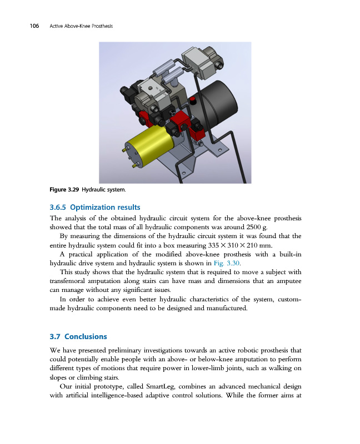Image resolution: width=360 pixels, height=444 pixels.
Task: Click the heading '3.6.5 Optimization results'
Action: click(95, 208)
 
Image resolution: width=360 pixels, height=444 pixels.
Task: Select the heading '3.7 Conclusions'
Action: click(78, 336)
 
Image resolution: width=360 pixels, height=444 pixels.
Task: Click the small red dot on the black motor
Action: click(192, 101)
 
